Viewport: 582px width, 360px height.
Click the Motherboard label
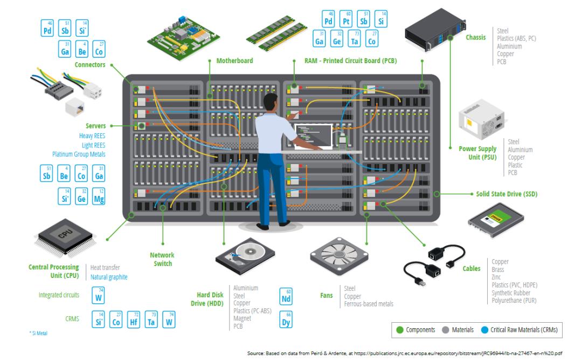(234, 61)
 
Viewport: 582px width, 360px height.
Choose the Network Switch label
(162, 259)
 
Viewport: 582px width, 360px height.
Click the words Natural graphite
(109, 277)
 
